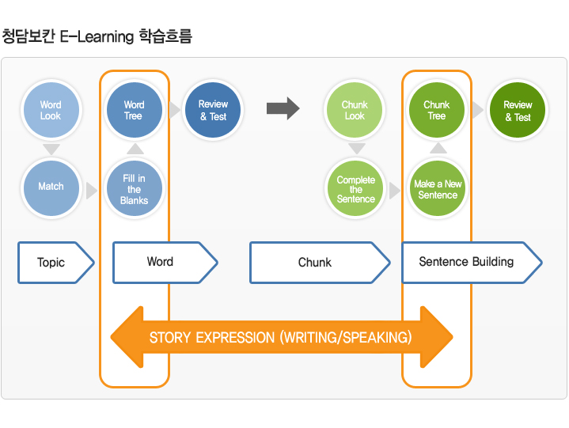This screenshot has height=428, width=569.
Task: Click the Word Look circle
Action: click(x=51, y=110)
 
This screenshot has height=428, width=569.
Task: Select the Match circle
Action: click(x=51, y=187)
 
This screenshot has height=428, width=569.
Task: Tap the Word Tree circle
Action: click(x=135, y=110)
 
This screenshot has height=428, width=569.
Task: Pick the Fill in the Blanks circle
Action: click(x=135, y=188)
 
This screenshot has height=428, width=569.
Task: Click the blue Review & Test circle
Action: click(x=213, y=110)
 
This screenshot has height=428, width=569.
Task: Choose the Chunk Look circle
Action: click(x=355, y=110)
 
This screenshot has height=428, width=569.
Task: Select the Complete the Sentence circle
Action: click(x=355, y=188)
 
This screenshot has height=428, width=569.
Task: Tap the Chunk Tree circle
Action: click(x=437, y=110)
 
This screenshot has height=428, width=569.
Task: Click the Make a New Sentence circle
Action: click(x=438, y=188)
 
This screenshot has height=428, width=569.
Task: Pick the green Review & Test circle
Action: click(x=518, y=110)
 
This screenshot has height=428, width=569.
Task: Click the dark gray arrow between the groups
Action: click(x=283, y=108)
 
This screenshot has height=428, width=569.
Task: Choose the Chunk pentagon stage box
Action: click(x=320, y=262)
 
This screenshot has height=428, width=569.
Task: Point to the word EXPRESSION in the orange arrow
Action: click(x=235, y=338)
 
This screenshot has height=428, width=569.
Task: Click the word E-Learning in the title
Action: click(x=97, y=36)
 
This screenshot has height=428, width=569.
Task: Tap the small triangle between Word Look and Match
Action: click(x=51, y=149)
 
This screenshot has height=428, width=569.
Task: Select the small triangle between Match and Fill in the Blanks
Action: click(x=92, y=191)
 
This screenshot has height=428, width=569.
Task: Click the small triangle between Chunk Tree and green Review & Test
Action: click(x=478, y=110)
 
